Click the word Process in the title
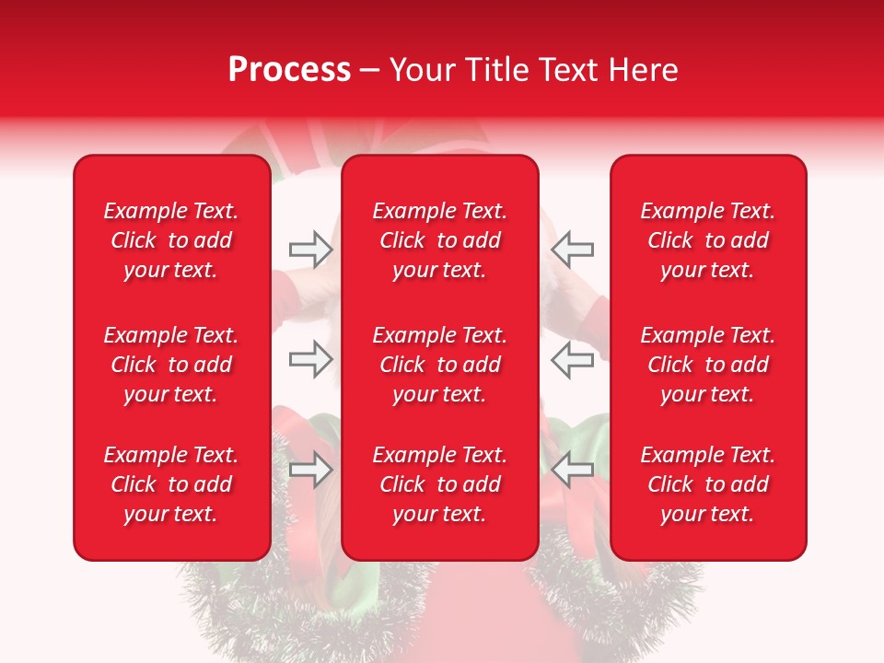pos(289,70)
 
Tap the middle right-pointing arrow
pos(310,359)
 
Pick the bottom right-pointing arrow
pos(310,470)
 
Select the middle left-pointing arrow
pos(572,359)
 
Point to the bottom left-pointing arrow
pos(572,470)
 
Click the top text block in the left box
pos(171,240)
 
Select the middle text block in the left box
pos(171,365)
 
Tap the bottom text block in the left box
pos(171,484)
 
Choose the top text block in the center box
pos(440,240)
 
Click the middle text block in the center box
pos(440,365)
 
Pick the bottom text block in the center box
pos(440,484)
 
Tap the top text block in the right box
pos(708,240)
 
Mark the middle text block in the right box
pos(708,365)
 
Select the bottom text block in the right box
pos(708,484)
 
